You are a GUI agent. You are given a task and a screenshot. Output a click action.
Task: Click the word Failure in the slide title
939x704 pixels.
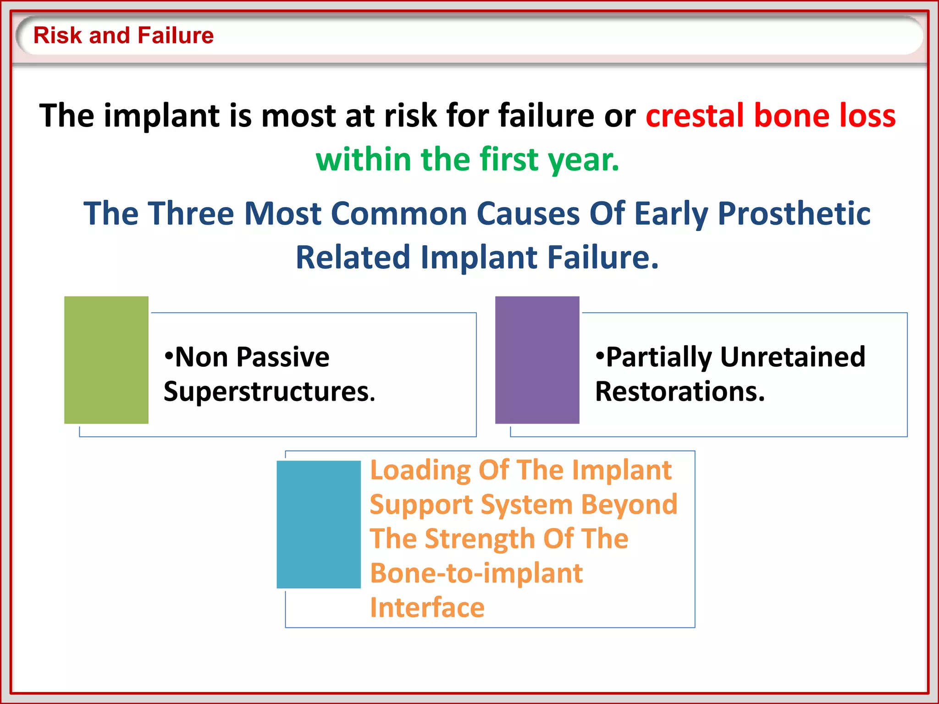pos(175,36)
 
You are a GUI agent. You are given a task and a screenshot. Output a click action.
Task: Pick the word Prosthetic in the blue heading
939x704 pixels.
pos(794,214)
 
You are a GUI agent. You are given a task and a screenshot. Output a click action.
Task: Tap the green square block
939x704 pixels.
pos(106,360)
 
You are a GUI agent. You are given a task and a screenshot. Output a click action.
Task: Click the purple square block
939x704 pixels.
pos(537,360)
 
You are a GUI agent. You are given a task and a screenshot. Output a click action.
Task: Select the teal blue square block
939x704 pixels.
pos(319,524)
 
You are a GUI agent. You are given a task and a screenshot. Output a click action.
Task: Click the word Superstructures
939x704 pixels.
pos(269,392)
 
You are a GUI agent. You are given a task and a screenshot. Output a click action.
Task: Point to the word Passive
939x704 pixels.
pos(283,357)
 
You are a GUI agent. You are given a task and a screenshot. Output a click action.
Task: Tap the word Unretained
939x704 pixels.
pos(792,357)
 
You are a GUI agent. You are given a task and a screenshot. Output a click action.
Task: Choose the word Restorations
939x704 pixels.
pos(679,392)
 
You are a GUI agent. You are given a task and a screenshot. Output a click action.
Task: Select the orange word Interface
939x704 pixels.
pos(427,608)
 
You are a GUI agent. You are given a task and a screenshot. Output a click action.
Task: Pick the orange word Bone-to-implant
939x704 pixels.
pos(476,573)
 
